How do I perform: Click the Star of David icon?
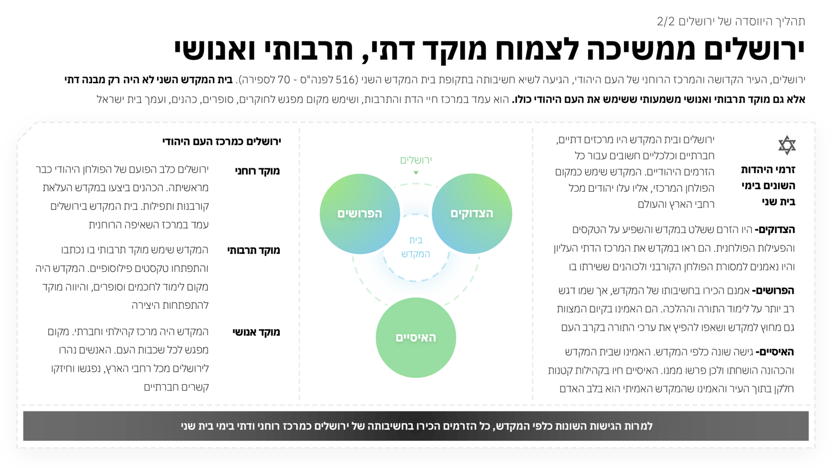[787, 145]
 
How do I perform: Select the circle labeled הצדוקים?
[472, 214]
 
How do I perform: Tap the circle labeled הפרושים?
[360, 214]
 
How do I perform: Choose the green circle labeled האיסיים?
[416, 337]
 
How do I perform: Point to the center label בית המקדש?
[415, 247]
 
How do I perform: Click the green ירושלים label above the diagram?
[416, 160]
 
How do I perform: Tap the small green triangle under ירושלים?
[416, 173]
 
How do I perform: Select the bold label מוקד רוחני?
[257, 171]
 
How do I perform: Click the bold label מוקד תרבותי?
[254, 250]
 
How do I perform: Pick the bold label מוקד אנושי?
[256, 332]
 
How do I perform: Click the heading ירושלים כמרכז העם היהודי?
[222, 141]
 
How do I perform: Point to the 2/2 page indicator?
[666, 21]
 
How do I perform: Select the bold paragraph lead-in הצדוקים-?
[775, 229]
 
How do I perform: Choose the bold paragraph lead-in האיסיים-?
[775, 352]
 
